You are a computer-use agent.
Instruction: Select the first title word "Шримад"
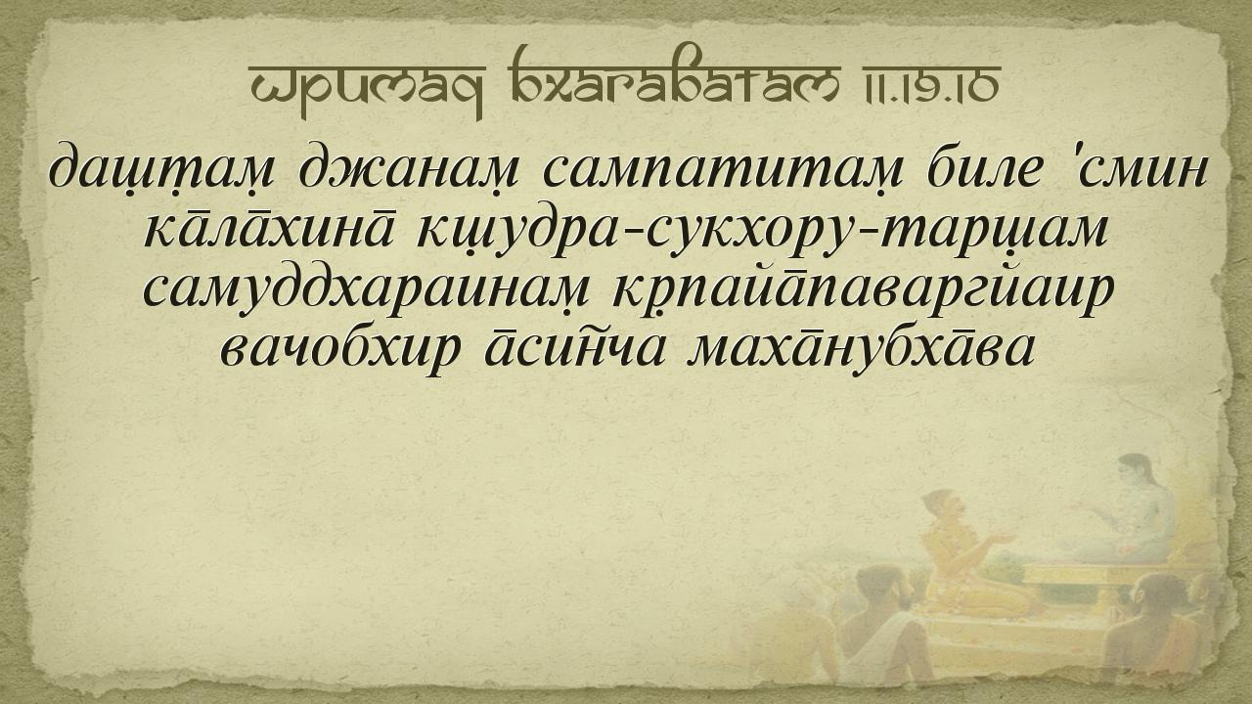pos(367,88)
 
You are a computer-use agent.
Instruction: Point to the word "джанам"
pos(408,167)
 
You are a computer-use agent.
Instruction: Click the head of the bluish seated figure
pos(1136,473)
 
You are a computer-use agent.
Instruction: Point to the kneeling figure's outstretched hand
pos(1005,538)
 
